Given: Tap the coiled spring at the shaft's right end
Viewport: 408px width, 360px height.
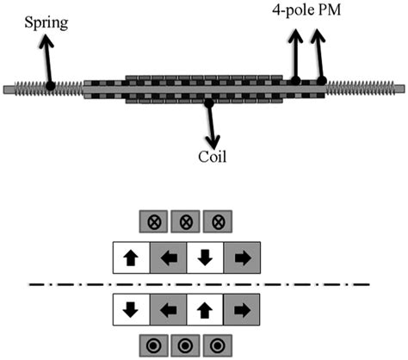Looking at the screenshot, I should [x=366, y=86].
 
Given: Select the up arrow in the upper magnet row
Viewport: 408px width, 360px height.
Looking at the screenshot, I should [x=131, y=256].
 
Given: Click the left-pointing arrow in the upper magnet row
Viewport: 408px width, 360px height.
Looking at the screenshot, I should [x=168, y=256].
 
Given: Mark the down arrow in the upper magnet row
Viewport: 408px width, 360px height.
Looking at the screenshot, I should [x=205, y=256].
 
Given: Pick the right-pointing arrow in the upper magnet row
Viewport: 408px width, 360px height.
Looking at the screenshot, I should [x=242, y=256].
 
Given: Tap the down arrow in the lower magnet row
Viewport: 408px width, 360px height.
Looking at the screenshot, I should [x=131, y=309].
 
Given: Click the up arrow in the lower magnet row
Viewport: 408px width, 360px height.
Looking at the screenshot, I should [x=205, y=309].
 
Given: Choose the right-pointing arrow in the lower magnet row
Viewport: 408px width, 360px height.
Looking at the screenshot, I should [x=242, y=309].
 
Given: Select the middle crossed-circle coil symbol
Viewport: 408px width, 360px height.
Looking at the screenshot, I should [x=186, y=220].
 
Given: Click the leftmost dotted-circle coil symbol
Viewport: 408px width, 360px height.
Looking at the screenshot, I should [x=155, y=345].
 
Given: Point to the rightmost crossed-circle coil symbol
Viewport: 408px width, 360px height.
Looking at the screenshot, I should [x=218, y=220].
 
